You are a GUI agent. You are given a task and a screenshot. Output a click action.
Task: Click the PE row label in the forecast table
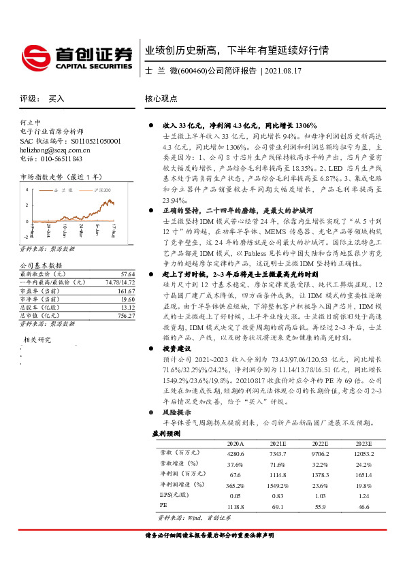(163, 506)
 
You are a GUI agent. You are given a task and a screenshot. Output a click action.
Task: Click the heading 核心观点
(161, 99)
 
